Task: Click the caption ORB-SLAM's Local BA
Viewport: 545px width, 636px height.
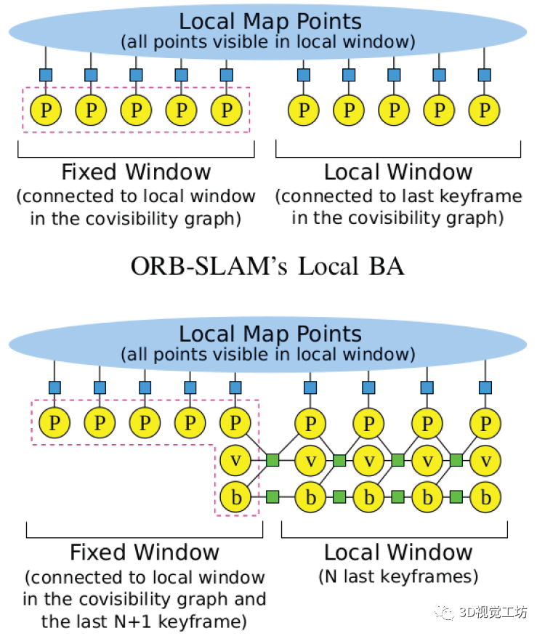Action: (267, 266)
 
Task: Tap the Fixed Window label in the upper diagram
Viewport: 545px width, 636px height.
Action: (136, 172)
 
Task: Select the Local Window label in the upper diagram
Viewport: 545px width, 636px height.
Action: (398, 172)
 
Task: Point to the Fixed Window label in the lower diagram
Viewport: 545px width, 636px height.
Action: (145, 552)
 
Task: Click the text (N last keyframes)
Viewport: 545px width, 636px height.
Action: (398, 577)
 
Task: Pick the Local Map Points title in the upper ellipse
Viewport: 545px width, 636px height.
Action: (270, 21)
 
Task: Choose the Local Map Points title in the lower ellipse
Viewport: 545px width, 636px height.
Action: (270, 334)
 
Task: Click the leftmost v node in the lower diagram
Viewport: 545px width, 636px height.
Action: (235, 460)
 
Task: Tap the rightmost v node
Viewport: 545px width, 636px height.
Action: (485, 460)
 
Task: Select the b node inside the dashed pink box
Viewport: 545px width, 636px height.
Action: (235, 498)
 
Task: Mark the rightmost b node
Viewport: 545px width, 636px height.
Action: (485, 498)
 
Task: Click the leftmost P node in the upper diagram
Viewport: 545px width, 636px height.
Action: (47, 110)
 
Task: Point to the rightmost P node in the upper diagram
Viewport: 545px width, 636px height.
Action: (485, 110)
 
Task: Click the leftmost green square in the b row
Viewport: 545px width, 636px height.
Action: (273, 498)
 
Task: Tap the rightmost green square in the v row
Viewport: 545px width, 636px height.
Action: (456, 460)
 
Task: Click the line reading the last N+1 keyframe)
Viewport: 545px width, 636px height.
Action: (145, 621)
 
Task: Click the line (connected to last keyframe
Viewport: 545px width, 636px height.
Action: (398, 196)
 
